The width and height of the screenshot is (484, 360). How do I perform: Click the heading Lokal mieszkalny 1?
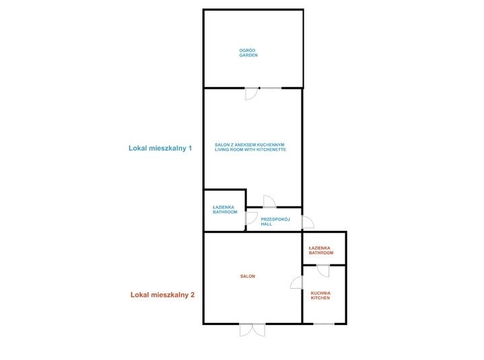pyautogui.click(x=160, y=148)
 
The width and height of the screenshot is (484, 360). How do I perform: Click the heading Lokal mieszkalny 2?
pyautogui.click(x=162, y=295)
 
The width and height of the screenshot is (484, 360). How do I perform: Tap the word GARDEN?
pyautogui.click(x=248, y=55)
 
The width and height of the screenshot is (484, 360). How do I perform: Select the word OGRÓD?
pyautogui.click(x=247, y=50)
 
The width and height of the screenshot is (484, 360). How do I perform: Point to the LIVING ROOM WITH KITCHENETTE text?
pyautogui.click(x=250, y=149)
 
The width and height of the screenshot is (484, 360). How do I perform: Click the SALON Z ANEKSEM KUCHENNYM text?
pyautogui.click(x=250, y=145)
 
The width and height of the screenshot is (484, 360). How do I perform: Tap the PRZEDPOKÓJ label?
pyautogui.click(x=275, y=219)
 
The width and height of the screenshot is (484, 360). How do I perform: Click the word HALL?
pyautogui.click(x=267, y=224)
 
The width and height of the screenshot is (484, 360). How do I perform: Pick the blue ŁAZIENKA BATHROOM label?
pyautogui.click(x=225, y=210)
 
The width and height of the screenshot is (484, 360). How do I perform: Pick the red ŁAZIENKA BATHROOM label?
pyautogui.click(x=321, y=250)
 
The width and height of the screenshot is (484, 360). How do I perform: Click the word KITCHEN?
pyautogui.click(x=320, y=298)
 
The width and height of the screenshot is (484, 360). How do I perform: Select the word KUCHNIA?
pyautogui.click(x=320, y=293)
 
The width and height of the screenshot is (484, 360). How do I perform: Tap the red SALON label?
pyautogui.click(x=248, y=277)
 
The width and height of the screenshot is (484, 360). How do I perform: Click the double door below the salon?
pyautogui.click(x=252, y=330)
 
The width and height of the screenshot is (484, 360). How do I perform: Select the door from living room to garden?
pyautogui.click(x=252, y=94)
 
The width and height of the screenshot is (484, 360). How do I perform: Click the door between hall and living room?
pyautogui.click(x=269, y=202)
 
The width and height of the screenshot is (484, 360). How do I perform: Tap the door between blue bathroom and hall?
pyautogui.click(x=251, y=218)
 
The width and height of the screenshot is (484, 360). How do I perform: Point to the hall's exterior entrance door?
pyautogui.click(x=308, y=222)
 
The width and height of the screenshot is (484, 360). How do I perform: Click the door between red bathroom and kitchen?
pyautogui.click(x=323, y=271)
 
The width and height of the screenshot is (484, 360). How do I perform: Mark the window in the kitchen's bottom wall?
pyautogui.click(x=324, y=324)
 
